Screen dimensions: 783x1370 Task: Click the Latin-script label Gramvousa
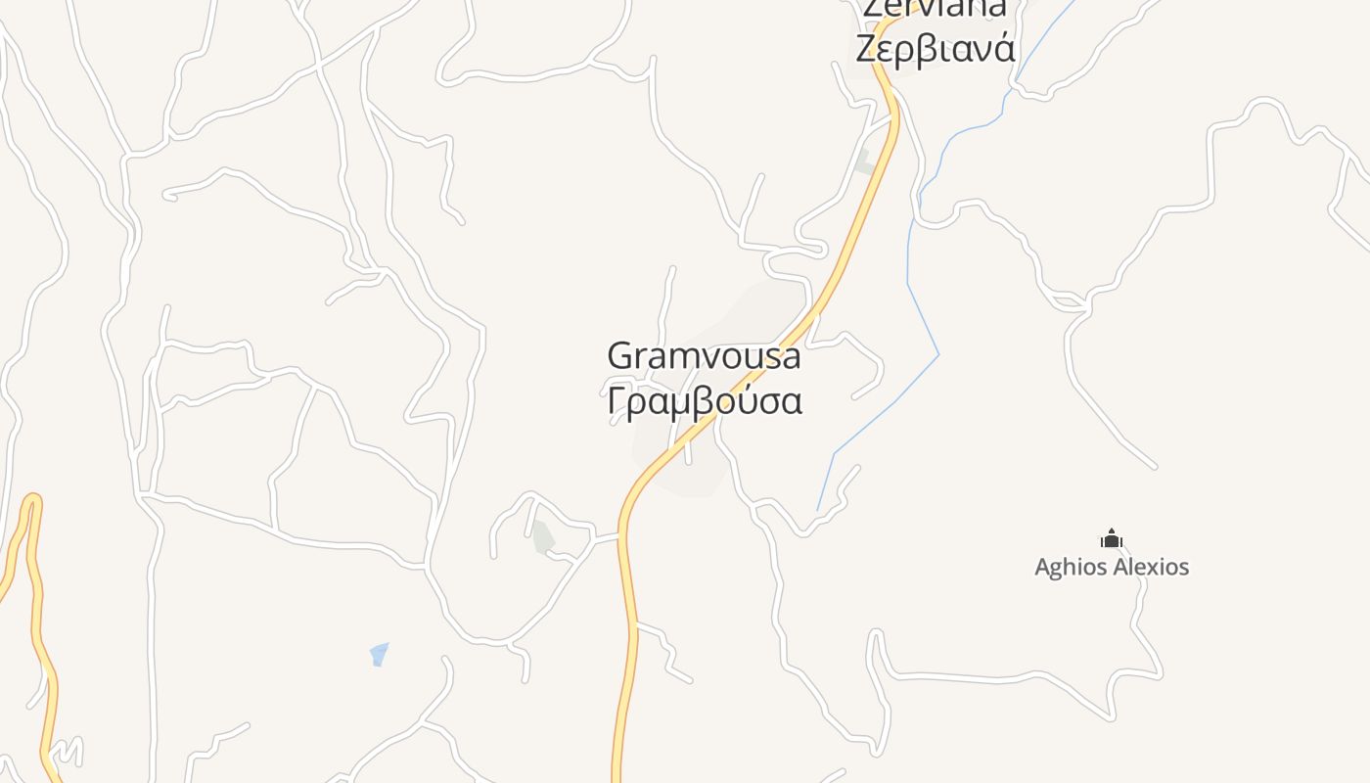704,356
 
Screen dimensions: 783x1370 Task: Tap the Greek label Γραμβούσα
705,401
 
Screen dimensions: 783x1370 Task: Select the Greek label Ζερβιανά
936,49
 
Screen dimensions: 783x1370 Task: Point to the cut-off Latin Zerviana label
934,9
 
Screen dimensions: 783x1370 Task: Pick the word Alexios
1151,567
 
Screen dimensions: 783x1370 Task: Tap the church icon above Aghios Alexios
1111,538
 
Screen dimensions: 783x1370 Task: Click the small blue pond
380,654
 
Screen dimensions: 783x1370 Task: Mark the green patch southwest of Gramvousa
543,537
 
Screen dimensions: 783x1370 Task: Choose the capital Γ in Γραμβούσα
616,401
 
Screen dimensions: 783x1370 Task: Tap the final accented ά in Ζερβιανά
1004,47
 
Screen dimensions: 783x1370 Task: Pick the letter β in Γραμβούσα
702,402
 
